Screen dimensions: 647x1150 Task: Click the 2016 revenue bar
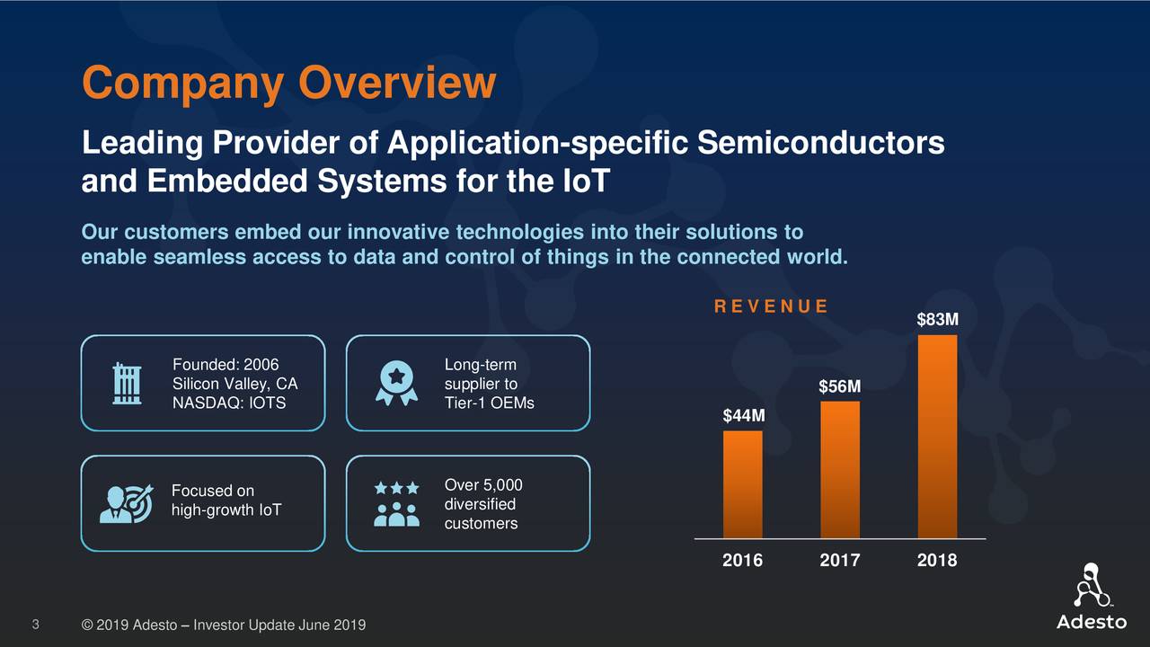click(x=743, y=484)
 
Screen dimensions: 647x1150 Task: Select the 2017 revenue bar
click(x=840, y=469)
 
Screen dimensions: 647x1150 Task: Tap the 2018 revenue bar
click(x=937, y=437)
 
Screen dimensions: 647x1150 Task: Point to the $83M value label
click(x=937, y=320)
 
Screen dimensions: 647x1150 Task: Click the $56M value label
click(x=840, y=386)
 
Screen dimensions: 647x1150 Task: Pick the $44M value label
click(x=744, y=416)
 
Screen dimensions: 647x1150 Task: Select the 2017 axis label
click(x=840, y=561)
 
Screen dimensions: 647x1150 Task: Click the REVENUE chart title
click(x=771, y=306)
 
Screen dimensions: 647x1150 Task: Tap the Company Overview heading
click(x=288, y=84)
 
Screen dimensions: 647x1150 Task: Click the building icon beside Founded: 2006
click(x=126, y=385)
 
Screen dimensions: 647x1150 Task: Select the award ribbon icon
click(x=396, y=384)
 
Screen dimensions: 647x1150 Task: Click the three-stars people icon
click(x=396, y=503)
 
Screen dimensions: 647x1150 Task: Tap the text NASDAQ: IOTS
click(x=228, y=403)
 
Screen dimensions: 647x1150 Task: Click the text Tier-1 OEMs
click(x=489, y=403)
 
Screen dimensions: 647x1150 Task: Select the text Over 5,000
click(x=483, y=485)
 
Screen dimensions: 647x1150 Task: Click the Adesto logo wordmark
click(x=1091, y=623)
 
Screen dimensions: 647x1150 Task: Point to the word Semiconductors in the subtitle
click(x=820, y=143)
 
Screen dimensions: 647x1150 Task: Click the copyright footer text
click(x=223, y=625)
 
